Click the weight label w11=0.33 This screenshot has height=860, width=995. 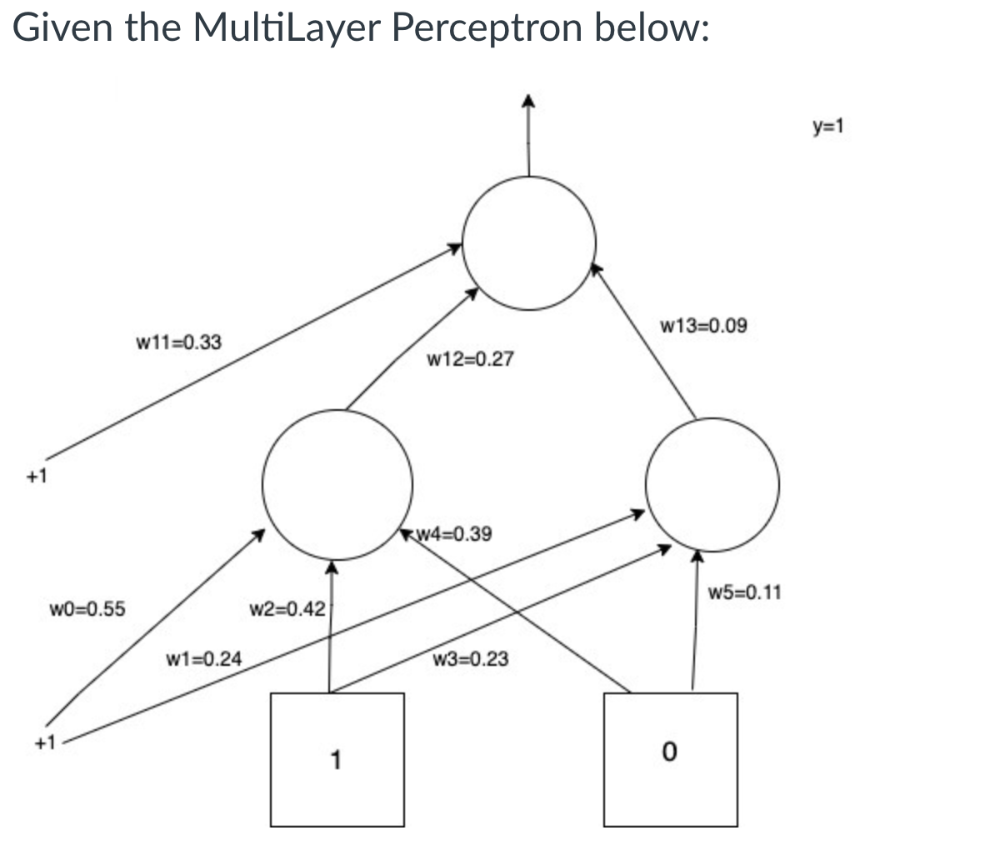pos(178,342)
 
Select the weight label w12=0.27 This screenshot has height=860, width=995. pos(470,360)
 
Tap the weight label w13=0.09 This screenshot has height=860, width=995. pos(702,325)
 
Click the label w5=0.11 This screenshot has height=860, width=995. pos(744,593)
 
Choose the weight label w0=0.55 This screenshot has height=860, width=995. pos(87,608)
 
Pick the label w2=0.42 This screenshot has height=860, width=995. pos(287,610)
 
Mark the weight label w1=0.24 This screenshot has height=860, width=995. pos(204,659)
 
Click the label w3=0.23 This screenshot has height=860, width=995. pos(471,660)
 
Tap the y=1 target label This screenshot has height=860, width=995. pos(828,127)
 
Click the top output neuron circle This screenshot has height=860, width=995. pos(529,242)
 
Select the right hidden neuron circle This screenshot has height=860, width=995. pos(714,483)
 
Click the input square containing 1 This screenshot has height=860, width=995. pos(337,759)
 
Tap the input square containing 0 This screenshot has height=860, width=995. pos(671,759)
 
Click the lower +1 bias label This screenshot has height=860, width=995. pos(44,742)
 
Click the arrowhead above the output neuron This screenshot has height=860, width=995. pos(527,101)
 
